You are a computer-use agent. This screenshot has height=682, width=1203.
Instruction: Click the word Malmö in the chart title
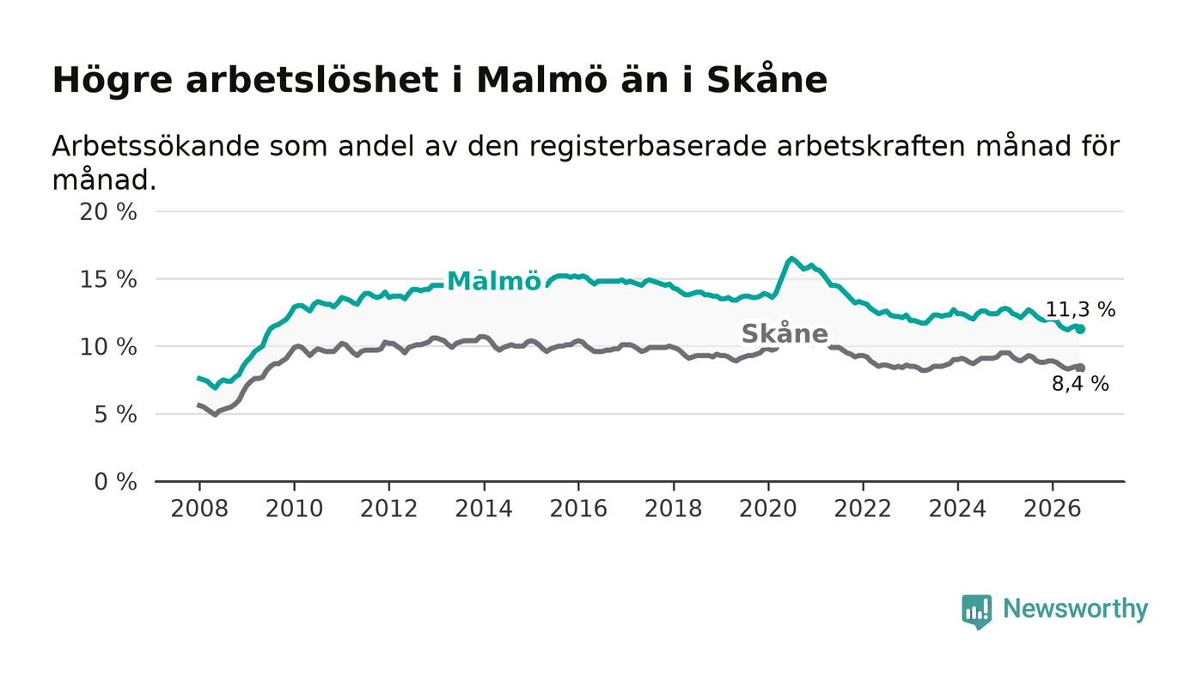(x=542, y=81)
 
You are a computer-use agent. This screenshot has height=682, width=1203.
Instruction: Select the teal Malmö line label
(x=493, y=281)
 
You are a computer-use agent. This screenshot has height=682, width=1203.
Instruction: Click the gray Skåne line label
(x=785, y=333)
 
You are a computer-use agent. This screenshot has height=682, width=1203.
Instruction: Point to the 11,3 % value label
(x=1081, y=310)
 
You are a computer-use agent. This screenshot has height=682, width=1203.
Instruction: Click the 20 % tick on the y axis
(x=108, y=212)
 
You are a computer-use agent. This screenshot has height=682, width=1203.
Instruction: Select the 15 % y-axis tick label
(x=108, y=280)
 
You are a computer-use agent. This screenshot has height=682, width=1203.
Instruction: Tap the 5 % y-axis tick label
(x=115, y=415)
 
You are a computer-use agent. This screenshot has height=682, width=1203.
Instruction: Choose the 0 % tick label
(x=115, y=482)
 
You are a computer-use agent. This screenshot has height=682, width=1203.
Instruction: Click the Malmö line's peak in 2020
(x=791, y=259)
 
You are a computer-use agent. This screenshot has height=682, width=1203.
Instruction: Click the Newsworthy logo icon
(x=977, y=612)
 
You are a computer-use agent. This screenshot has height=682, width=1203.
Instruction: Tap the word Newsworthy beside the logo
(x=1075, y=609)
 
